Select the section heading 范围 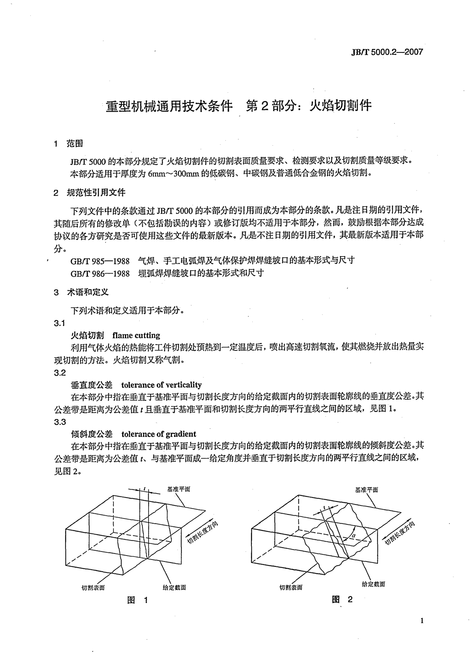[75, 144]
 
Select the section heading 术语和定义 [88, 292]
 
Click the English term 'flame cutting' [136, 336]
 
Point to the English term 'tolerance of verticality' [161, 385]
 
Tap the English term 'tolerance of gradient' [158, 434]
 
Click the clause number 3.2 [60, 373]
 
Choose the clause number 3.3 [60, 422]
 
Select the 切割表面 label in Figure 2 [291, 587]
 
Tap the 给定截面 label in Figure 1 [174, 587]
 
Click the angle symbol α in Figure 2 [354, 536]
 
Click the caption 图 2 [342, 600]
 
